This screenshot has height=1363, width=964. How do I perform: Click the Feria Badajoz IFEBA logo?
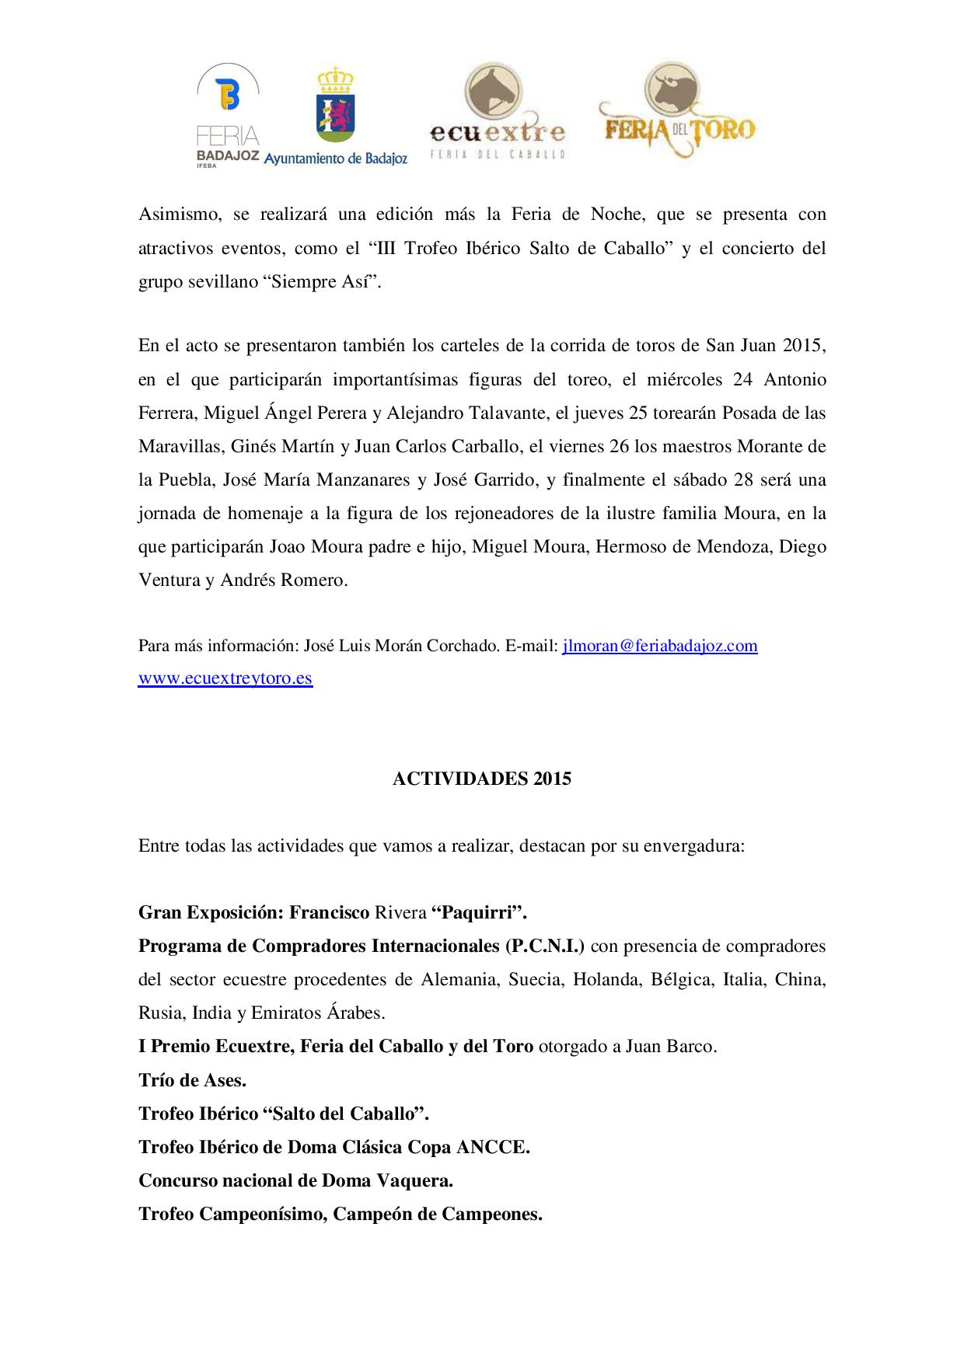(227, 117)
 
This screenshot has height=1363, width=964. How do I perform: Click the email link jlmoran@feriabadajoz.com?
(659, 646)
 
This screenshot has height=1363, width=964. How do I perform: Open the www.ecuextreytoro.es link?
(225, 678)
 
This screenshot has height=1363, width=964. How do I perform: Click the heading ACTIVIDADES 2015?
(481, 779)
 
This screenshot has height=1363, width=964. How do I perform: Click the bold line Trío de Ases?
(192, 1079)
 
